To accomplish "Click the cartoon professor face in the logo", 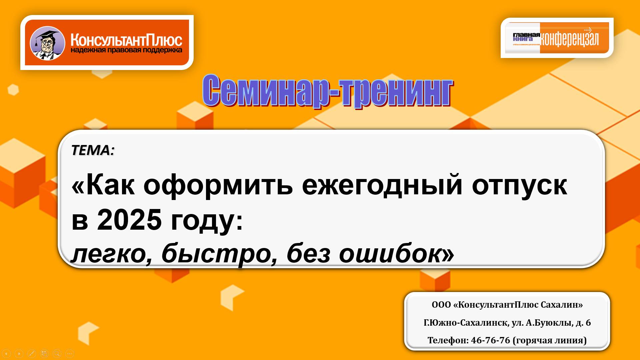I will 47,43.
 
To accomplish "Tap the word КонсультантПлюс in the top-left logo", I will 126,40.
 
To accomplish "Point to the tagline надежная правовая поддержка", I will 126,50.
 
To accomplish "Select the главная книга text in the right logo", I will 526,37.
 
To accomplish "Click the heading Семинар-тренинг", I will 327,91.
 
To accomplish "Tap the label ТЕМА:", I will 93,150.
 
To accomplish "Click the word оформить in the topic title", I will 218,185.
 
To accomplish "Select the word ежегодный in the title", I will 382,185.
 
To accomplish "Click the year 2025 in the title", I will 129,220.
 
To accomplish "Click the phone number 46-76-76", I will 490,340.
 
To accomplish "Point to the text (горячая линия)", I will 550,340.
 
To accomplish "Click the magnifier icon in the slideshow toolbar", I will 57,354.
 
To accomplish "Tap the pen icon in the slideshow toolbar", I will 31,354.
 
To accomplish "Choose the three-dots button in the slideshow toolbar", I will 70,354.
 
